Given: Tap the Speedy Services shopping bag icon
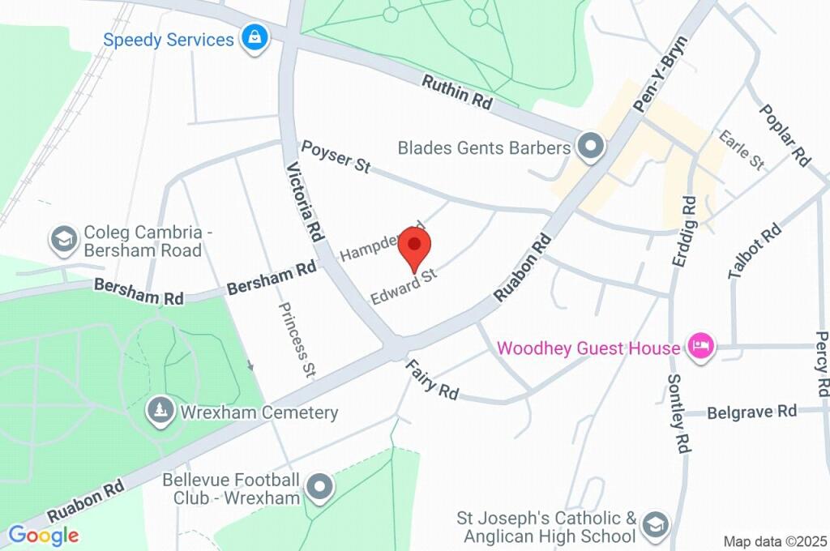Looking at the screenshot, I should [255, 39].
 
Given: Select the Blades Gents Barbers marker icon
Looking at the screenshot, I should [590, 147].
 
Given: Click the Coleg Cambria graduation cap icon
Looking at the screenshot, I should [62, 239].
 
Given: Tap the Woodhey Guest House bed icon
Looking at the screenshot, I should [699, 348].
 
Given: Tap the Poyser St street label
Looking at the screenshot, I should [336, 156].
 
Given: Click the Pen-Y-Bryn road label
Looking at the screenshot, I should [660, 74].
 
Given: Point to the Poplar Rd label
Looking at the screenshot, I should [785, 135].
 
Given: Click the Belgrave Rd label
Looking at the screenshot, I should [751, 412].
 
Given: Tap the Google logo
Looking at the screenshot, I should [43, 535].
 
